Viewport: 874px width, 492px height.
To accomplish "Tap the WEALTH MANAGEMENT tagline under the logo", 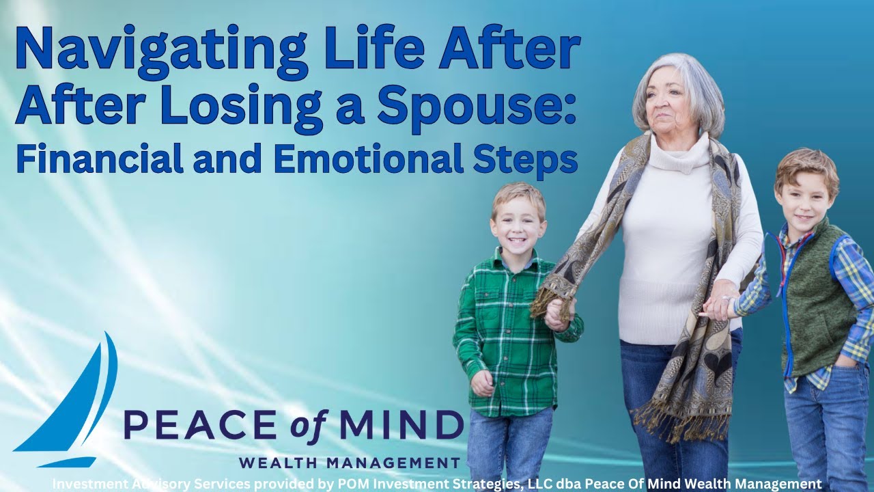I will pyautogui.click(x=349, y=463).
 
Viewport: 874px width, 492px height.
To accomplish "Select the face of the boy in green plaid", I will pyautogui.click(x=518, y=222).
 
